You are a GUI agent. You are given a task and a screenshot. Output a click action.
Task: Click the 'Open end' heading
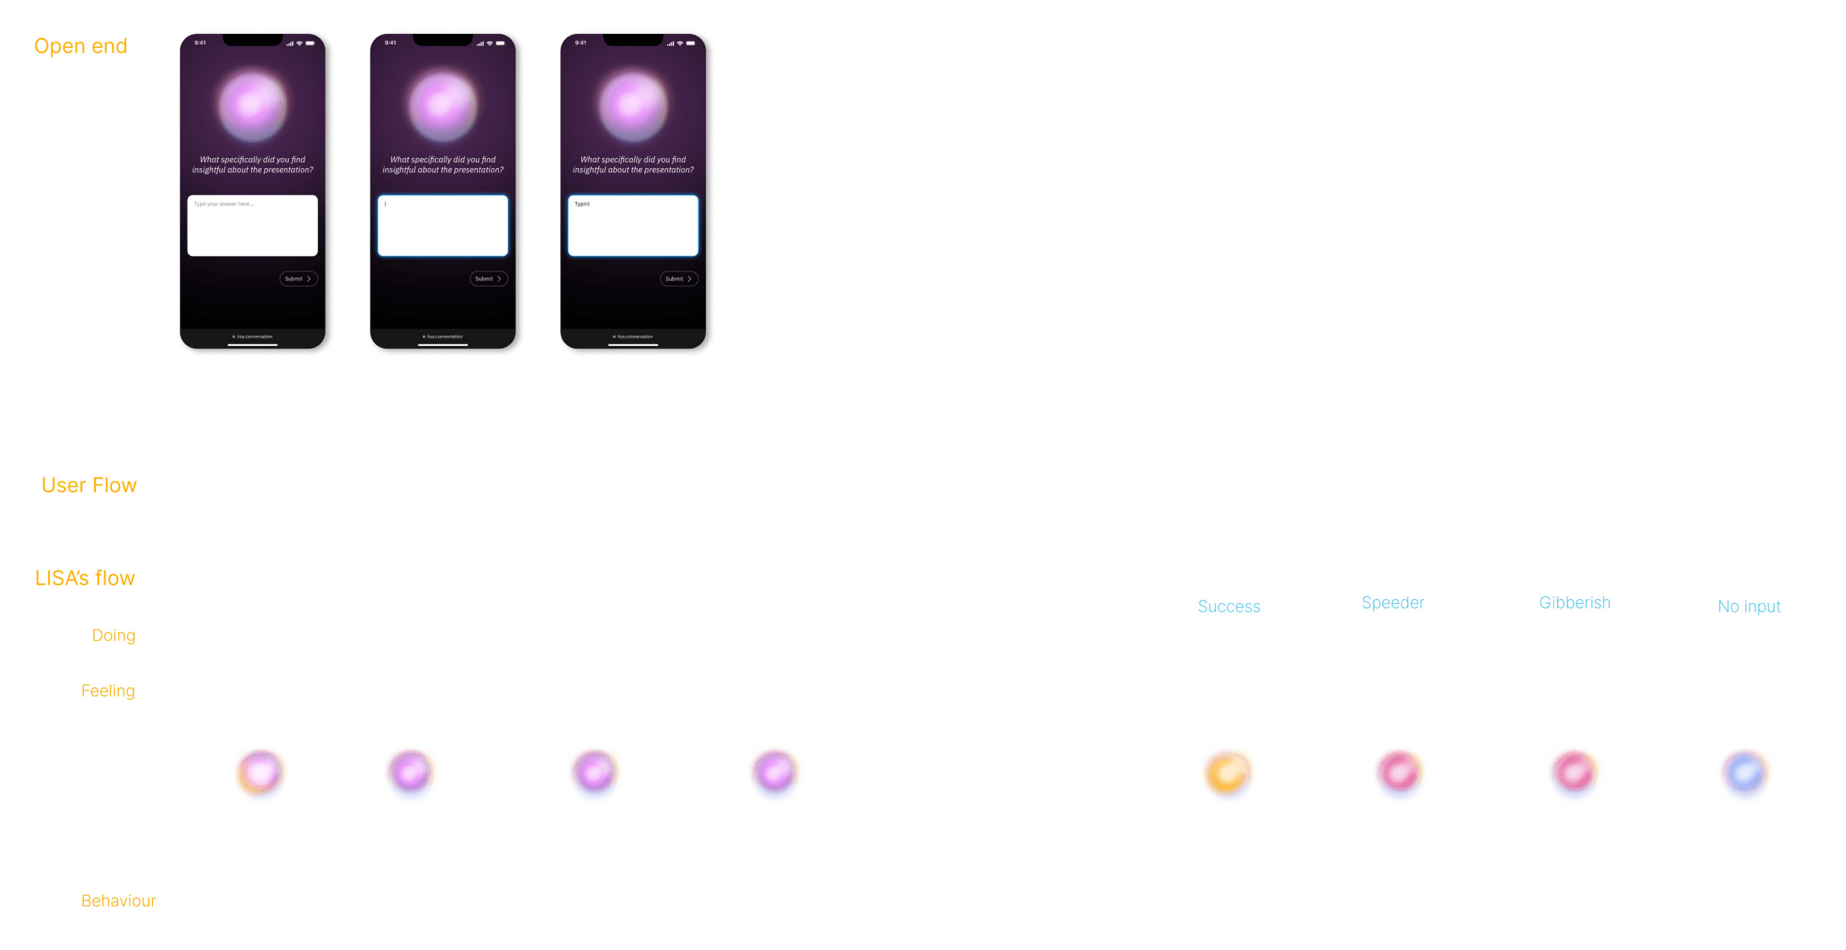point(80,47)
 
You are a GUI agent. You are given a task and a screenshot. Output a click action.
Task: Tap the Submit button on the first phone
point(298,278)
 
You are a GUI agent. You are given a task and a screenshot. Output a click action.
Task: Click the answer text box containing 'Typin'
point(633,225)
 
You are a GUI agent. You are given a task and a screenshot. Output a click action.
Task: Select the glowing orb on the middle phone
point(443,106)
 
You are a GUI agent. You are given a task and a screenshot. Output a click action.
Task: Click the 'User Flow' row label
point(89,485)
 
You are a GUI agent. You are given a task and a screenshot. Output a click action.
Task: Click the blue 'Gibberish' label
point(1575,602)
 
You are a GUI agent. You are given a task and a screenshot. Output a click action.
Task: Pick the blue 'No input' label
point(1748,607)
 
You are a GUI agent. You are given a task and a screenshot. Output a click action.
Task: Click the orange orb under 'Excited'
point(1228,774)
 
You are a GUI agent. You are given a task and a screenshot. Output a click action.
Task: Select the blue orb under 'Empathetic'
point(1745,774)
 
